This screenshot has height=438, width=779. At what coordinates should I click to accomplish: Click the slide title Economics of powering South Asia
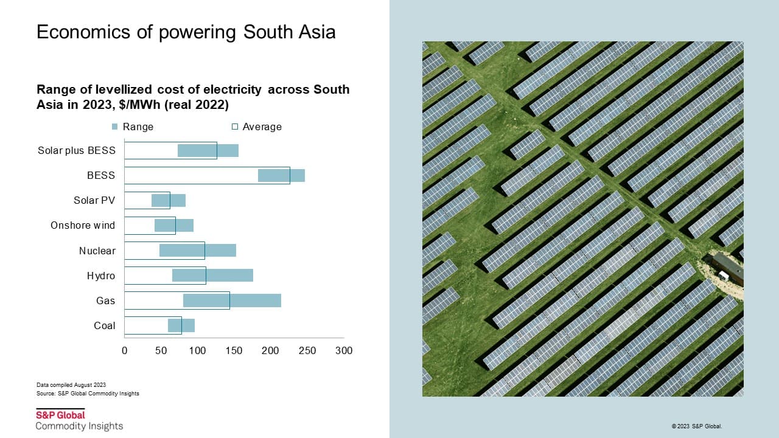pyautogui.click(x=186, y=32)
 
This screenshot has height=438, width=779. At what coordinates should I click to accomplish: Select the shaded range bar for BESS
pyautogui.click(x=281, y=175)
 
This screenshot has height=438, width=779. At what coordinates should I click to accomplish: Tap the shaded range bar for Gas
pyautogui.click(x=232, y=301)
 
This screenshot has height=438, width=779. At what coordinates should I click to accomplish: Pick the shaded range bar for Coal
pyautogui.click(x=181, y=325)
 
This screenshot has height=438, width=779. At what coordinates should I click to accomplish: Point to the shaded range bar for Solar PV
pyautogui.click(x=169, y=200)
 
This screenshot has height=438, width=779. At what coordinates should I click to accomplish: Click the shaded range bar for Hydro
pyautogui.click(x=212, y=276)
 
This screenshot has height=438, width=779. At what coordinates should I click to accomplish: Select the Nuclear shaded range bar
pyautogui.click(x=198, y=250)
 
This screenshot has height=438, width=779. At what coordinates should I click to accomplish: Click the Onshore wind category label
pyautogui.click(x=83, y=225)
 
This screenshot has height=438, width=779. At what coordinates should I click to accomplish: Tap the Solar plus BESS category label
pyautogui.click(x=77, y=150)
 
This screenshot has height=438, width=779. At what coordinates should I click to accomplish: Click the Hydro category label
pyautogui.click(x=101, y=276)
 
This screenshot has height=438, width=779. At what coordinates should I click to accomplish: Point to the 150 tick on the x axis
pyautogui.click(x=234, y=350)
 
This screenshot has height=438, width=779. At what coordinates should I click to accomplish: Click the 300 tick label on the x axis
pyautogui.click(x=344, y=350)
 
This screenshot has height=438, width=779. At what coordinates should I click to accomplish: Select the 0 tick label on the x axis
pyautogui.click(x=125, y=350)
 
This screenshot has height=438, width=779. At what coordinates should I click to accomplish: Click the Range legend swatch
pyautogui.click(x=115, y=127)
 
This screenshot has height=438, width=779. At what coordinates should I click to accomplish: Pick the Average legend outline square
pyautogui.click(x=235, y=127)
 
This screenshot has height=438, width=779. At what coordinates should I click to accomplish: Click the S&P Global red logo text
pyautogui.click(x=60, y=415)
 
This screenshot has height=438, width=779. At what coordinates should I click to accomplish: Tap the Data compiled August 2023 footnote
pyautogui.click(x=71, y=384)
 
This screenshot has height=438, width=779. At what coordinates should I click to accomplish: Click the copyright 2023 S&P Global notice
pyautogui.click(x=697, y=426)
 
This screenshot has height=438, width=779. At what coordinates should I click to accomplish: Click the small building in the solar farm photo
pyautogui.click(x=728, y=269)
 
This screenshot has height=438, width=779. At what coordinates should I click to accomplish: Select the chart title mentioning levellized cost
pyautogui.click(x=193, y=97)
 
